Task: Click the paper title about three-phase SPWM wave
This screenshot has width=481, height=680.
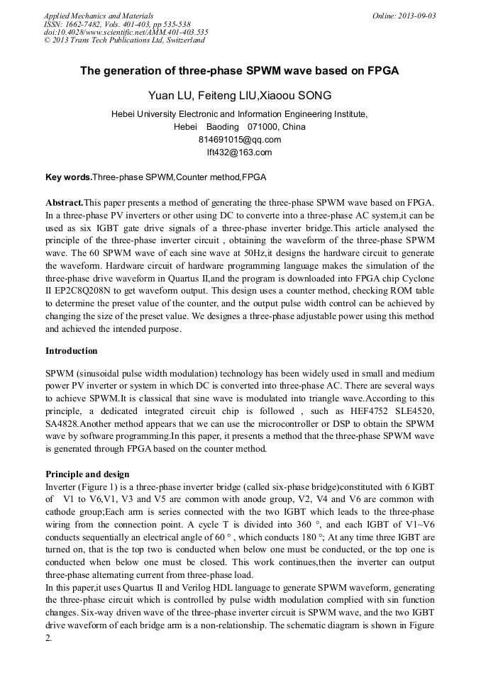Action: click(x=240, y=71)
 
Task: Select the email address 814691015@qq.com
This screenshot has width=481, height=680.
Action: click(x=240, y=139)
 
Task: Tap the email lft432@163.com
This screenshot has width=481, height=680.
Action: click(x=240, y=152)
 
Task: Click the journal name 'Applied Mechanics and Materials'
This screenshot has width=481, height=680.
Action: click(x=99, y=16)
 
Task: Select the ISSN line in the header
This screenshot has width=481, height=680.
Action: click(x=117, y=24)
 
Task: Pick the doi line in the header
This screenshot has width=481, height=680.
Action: click(x=126, y=32)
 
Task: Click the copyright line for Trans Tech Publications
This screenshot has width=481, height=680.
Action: click(x=124, y=40)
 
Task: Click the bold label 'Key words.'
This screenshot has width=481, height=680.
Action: click(x=69, y=177)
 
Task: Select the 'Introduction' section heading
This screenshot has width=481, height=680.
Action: click(x=72, y=351)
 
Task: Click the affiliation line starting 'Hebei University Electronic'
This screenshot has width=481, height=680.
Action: click(x=240, y=114)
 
